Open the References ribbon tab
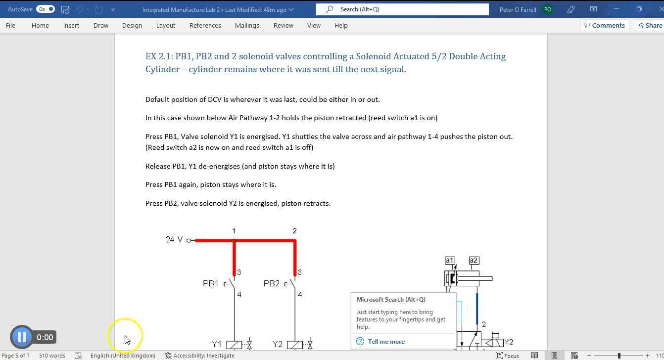point(205,26)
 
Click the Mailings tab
point(247,26)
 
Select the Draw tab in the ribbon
point(101,26)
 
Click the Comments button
point(605,26)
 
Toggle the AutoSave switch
point(46,9)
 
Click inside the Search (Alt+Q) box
point(402,9)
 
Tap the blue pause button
point(22,337)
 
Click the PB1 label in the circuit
point(210,283)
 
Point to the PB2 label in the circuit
point(271,283)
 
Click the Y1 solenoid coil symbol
point(234,345)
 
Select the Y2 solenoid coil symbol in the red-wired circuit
point(295,345)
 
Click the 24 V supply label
point(174,239)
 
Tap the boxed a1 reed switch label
point(450,261)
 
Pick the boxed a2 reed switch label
point(474,261)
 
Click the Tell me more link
point(386,341)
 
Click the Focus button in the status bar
point(507,356)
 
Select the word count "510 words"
point(52,356)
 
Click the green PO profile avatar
point(548,9)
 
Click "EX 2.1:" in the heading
point(159,56)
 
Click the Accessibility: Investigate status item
point(199,356)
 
